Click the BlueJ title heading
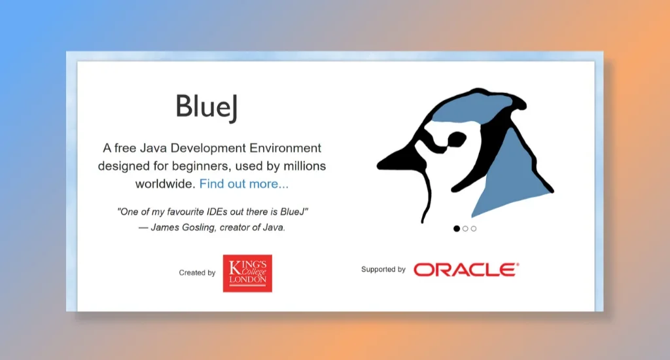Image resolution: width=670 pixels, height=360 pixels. pyautogui.click(x=206, y=107)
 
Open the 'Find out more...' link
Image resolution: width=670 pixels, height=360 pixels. pyautogui.click(x=243, y=184)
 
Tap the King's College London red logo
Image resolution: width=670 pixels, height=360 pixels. pyautogui.click(x=247, y=273)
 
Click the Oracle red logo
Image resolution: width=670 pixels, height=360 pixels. pyautogui.click(x=466, y=270)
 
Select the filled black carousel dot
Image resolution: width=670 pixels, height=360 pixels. pyautogui.click(x=457, y=228)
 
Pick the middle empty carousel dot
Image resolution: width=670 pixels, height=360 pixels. pyautogui.click(x=465, y=228)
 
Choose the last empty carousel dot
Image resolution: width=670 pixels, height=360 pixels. pyautogui.click(x=474, y=228)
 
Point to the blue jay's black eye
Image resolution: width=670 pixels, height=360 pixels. pyautogui.click(x=455, y=139)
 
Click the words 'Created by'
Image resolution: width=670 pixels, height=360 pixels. pyautogui.click(x=197, y=273)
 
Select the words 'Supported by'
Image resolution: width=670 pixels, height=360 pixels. pyautogui.click(x=383, y=270)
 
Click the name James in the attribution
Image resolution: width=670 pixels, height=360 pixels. pyautogui.click(x=165, y=228)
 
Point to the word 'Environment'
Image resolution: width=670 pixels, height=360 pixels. pyautogui.click(x=285, y=148)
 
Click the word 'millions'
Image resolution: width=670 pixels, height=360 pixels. pyautogui.click(x=304, y=166)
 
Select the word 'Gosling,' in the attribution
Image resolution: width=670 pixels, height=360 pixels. pyautogui.click(x=200, y=228)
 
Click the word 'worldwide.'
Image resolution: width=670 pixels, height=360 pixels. pyautogui.click(x=166, y=184)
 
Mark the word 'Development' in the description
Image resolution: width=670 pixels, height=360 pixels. pyautogui.click(x=208, y=148)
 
